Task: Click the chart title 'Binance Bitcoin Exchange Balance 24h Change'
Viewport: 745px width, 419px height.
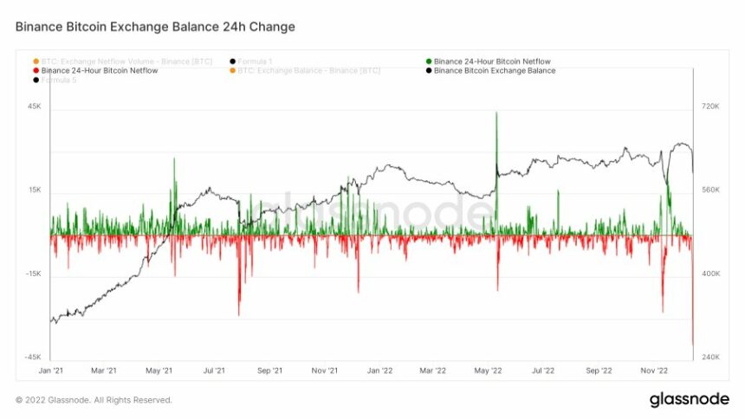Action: (155, 27)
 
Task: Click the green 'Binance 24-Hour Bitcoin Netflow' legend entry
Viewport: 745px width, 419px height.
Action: (492, 61)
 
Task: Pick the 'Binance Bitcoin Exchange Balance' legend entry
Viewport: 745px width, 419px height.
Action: (495, 70)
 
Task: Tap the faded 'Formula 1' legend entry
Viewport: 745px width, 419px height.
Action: (256, 61)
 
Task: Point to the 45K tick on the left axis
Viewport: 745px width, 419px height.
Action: (35, 107)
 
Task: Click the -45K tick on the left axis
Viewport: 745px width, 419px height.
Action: (33, 357)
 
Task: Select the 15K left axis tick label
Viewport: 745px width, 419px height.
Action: (35, 190)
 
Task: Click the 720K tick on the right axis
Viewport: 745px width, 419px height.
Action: (711, 107)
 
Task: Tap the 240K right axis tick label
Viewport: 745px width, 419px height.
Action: (711, 357)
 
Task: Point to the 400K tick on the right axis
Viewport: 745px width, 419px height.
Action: (711, 274)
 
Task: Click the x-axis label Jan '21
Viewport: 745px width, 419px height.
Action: (51, 371)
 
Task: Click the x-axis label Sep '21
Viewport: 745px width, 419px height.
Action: (269, 371)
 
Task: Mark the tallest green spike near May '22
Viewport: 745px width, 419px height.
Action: (496, 114)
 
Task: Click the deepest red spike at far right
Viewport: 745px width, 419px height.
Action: (693, 343)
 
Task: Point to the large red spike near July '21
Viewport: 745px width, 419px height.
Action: (239, 312)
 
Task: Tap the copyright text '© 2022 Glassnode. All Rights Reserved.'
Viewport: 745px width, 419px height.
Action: (94, 400)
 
